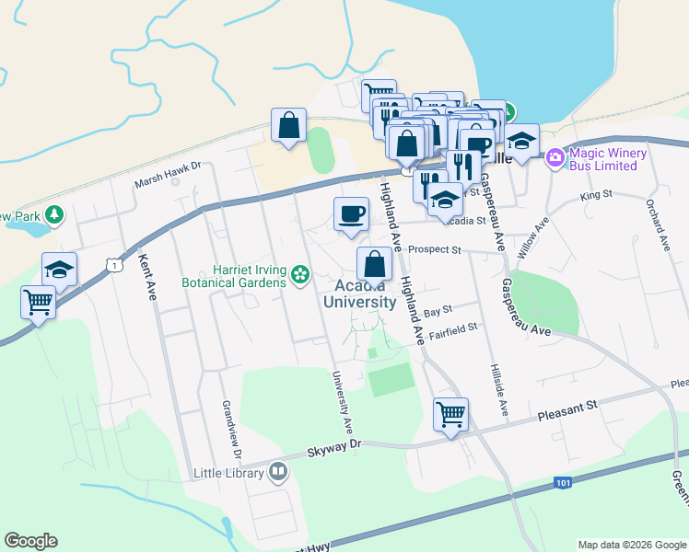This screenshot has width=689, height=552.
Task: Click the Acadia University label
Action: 359,293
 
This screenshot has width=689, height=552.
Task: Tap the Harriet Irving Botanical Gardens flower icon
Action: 300,274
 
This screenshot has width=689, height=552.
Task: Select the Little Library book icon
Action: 278,473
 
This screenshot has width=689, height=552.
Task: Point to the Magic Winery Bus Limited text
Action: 603,159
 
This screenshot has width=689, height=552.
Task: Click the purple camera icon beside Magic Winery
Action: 555,158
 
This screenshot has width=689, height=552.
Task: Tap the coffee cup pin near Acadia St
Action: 350,213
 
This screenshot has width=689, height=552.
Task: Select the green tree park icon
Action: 55,214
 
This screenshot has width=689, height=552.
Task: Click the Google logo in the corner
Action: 30,541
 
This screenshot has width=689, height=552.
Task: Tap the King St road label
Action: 596,196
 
